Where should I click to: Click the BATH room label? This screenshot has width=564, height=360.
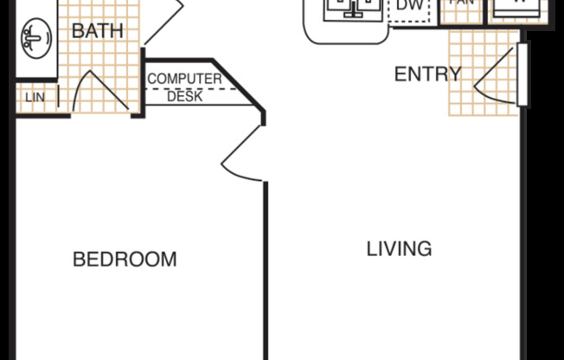click(97, 31)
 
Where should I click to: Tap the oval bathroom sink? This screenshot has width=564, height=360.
click(35, 38)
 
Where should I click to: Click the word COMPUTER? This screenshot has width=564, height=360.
click(183, 80)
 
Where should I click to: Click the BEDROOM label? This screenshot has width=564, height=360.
click(125, 259)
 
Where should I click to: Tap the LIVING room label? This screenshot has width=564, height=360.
click(399, 249)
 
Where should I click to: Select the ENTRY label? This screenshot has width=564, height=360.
click(427, 74)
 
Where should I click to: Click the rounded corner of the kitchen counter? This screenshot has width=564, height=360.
click(314, 33)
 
